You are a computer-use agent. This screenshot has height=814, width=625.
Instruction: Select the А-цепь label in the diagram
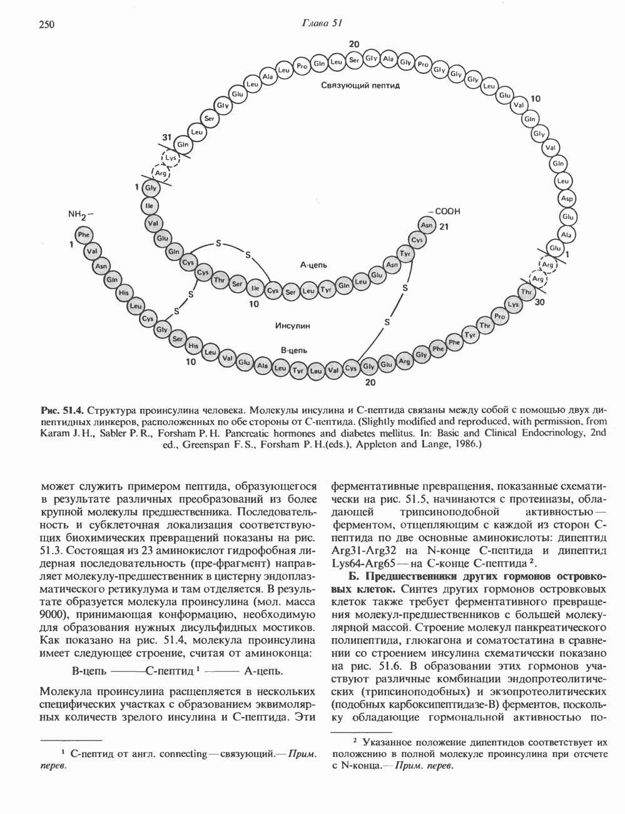(x=313, y=265)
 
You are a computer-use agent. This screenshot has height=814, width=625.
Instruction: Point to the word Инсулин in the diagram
(x=292, y=326)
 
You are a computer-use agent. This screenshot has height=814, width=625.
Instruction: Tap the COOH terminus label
(x=444, y=212)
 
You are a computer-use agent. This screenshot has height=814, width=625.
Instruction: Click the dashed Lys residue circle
(x=171, y=158)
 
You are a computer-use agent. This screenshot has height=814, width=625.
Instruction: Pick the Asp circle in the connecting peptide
(x=567, y=198)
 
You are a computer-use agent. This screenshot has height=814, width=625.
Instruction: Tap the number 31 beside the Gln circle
(x=166, y=137)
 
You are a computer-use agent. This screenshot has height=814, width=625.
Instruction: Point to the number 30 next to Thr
(x=541, y=301)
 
